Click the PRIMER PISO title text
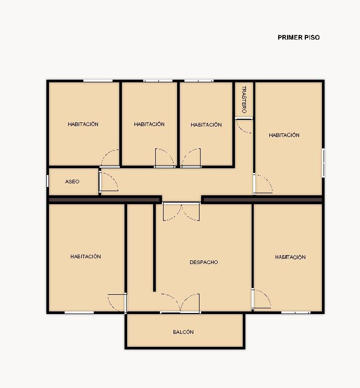click(x=299, y=37)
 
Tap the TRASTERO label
click(x=244, y=99)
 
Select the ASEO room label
click(x=72, y=181)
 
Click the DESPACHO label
click(x=204, y=262)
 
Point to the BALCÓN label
click(x=183, y=332)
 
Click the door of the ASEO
click(x=108, y=181)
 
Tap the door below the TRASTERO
click(x=244, y=126)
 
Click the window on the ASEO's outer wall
click(x=47, y=181)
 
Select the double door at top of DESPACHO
click(x=181, y=211)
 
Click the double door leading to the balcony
click(x=180, y=303)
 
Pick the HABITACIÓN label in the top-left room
click(x=83, y=124)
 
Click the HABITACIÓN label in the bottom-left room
click(x=85, y=256)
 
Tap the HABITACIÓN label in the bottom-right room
click(x=290, y=257)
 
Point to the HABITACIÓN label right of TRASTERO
click(x=284, y=135)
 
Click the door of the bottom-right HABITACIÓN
click(x=261, y=298)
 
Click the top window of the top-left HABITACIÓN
click(x=98, y=81)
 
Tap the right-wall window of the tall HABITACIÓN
click(x=323, y=162)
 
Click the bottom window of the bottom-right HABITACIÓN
click(x=295, y=312)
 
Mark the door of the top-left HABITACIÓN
click(x=110, y=158)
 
